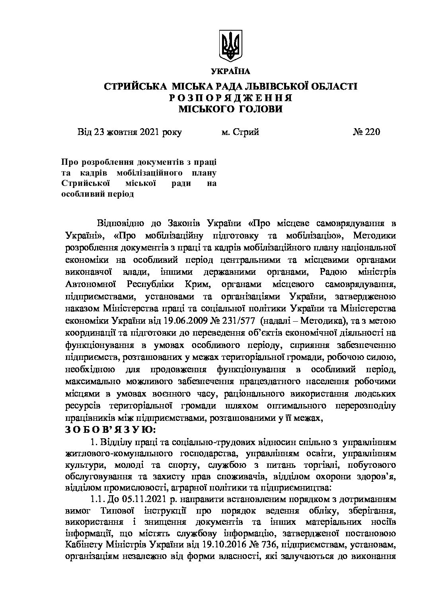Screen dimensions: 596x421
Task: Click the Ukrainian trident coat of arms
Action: click(230, 47)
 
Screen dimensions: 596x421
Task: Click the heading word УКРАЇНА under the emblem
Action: click(230, 72)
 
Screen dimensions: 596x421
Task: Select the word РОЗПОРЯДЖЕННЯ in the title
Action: click(230, 98)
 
